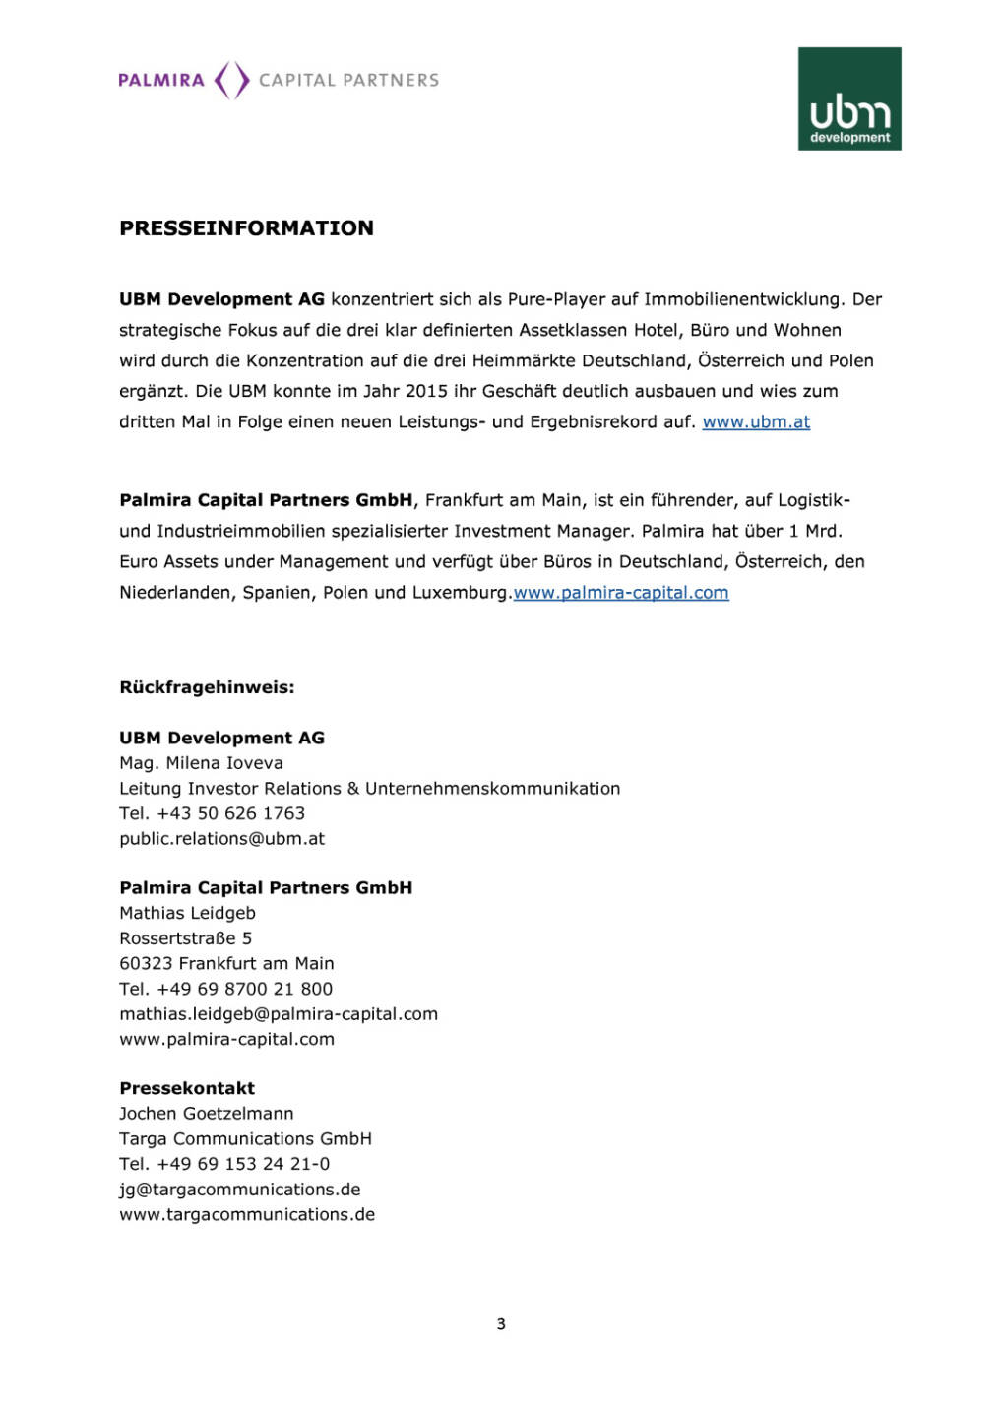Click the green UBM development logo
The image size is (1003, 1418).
tap(849, 98)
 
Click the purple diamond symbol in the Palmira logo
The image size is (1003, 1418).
tap(231, 80)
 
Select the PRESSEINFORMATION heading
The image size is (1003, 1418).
tap(246, 228)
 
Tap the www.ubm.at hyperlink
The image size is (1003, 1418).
tap(756, 422)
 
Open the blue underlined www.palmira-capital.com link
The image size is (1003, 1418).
tap(621, 593)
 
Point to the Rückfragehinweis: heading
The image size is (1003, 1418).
tap(207, 687)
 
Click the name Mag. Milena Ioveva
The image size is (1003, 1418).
tap(201, 763)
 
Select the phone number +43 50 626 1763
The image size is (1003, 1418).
tap(230, 813)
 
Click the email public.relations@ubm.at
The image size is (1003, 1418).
tap(221, 839)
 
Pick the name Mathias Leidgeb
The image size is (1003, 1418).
tap(187, 913)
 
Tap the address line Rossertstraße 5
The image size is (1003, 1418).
tap(185, 938)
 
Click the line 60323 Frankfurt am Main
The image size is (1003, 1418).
tap(226, 963)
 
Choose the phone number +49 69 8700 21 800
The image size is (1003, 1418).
tap(244, 989)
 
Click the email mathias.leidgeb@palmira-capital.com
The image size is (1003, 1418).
tap(279, 1014)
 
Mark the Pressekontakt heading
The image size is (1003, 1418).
tap(187, 1088)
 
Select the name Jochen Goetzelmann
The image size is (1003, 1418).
tap(207, 1114)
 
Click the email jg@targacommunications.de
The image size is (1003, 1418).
tap(240, 1190)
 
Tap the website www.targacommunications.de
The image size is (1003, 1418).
tap(247, 1215)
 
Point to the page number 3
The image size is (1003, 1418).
tap(501, 1324)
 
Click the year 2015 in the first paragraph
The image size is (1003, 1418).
tap(426, 391)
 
